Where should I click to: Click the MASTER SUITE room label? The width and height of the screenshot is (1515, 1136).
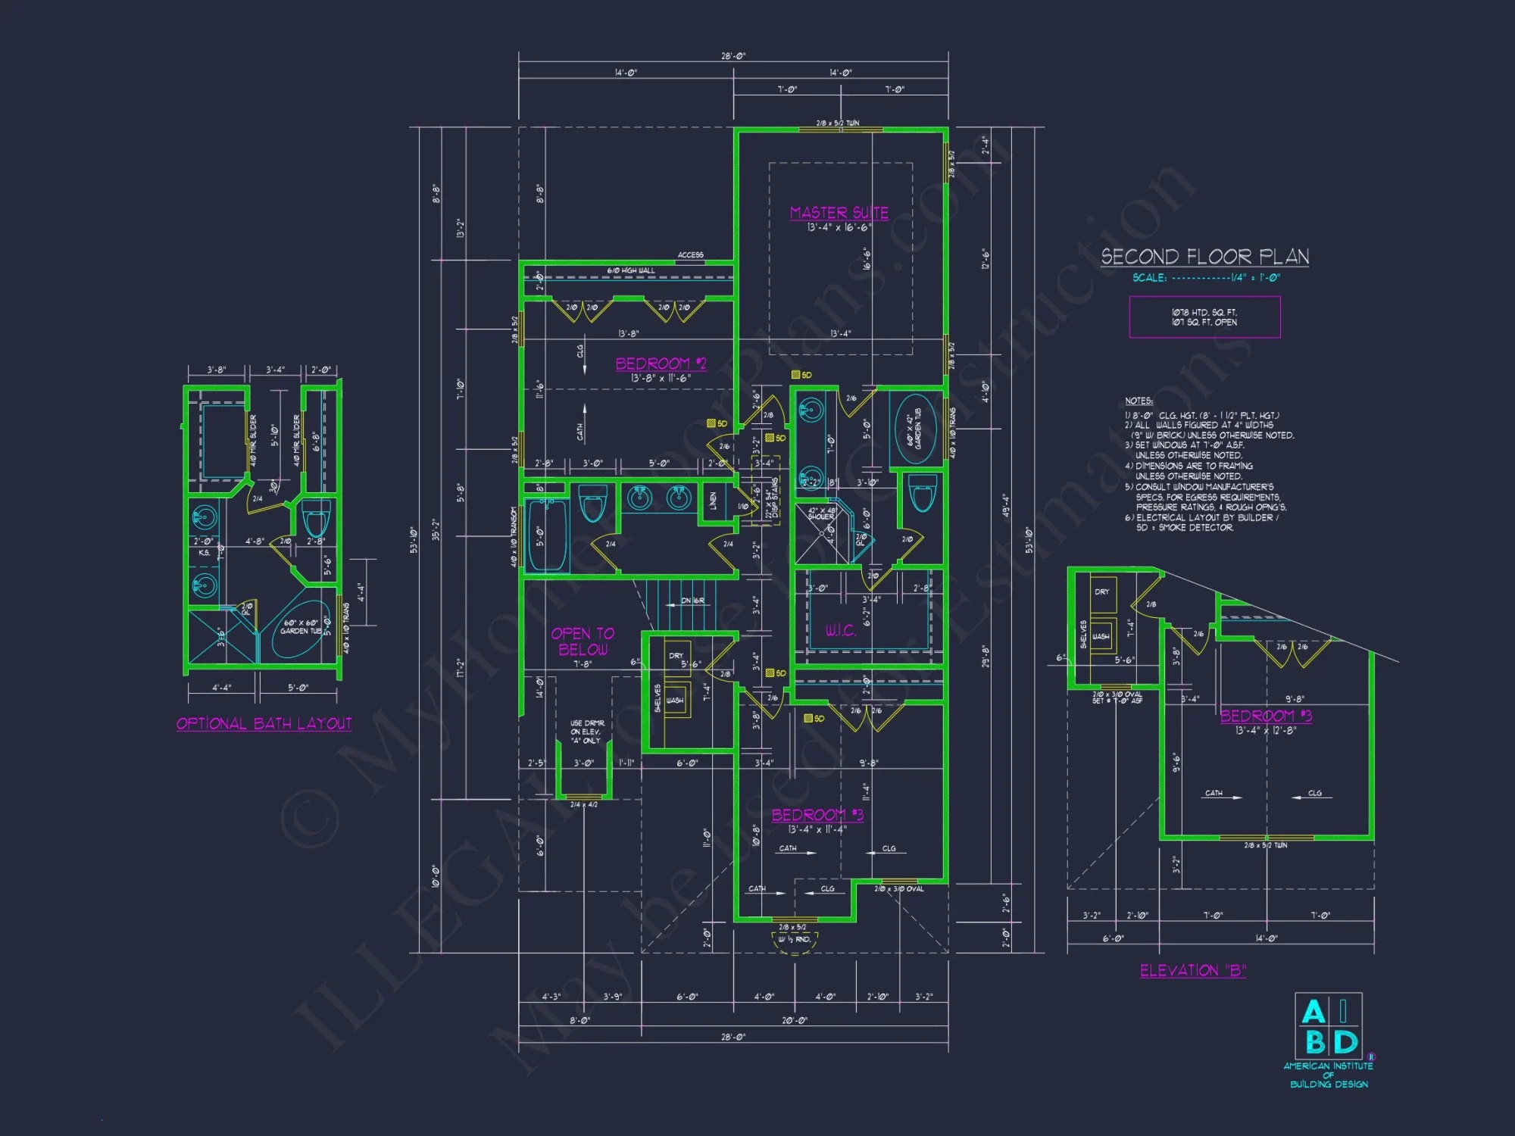839,213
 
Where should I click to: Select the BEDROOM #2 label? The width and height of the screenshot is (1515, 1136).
661,364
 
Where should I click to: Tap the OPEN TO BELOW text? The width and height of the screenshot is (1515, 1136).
583,641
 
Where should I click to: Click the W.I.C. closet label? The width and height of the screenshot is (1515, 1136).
840,631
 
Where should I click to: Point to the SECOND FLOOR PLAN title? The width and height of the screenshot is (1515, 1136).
1204,257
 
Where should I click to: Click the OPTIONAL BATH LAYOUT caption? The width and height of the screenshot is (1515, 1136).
264,724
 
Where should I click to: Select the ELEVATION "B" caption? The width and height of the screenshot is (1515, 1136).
1193,971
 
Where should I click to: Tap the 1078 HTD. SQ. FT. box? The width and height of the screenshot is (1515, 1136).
1204,317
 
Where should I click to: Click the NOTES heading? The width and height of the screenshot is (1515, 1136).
1139,401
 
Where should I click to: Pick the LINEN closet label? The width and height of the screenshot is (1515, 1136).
713,501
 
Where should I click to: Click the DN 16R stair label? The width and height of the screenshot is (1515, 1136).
692,601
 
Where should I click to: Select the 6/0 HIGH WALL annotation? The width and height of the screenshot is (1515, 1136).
630,270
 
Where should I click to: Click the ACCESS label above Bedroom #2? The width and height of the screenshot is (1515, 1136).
690,255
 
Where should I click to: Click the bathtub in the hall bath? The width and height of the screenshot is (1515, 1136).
547,536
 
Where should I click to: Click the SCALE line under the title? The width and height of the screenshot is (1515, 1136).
1206,278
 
